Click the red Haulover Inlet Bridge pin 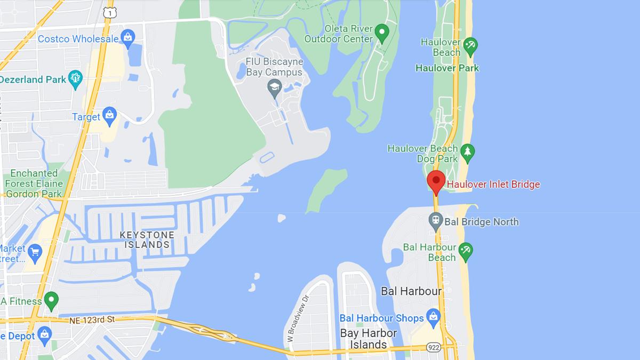[436, 181]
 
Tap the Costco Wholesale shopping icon [127, 37]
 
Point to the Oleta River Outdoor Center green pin [382, 33]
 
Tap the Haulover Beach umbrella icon [470, 46]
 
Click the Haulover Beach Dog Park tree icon [467, 153]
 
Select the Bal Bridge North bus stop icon [436, 220]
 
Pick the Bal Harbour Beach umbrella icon [466, 251]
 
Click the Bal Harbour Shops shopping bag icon [433, 317]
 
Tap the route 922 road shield [434, 347]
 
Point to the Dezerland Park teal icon [75, 79]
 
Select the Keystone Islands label [147, 239]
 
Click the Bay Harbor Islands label [368, 339]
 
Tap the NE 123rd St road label [92, 320]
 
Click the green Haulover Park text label [447, 68]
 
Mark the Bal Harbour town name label [411, 291]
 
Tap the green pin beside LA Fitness [51, 300]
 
